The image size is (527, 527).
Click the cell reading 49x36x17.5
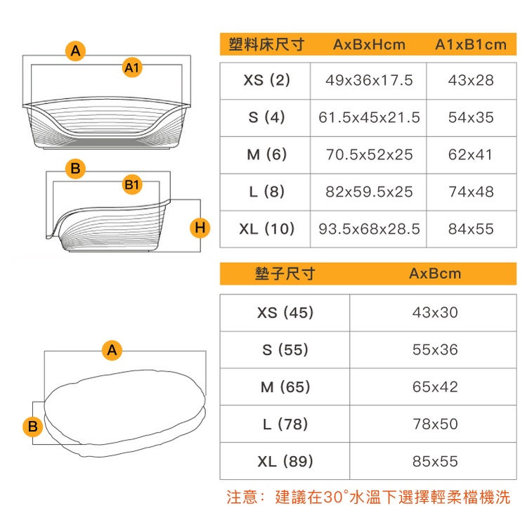pos(369,81)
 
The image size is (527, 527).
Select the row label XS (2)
pos(266,81)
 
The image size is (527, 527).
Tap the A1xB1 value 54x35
pos(471,117)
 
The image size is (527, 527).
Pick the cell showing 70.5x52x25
pos(369,155)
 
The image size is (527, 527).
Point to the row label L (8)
pos(266,192)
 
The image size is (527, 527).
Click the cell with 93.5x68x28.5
pos(369,229)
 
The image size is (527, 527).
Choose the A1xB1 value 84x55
pos(471,229)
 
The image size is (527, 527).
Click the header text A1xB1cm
pos(471,45)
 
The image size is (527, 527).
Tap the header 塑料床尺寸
pos(266,44)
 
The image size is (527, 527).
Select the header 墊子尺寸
pos(285,273)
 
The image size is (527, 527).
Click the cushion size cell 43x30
pos(435,313)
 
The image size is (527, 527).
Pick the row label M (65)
pos(285,387)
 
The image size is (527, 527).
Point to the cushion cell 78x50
pos(435,424)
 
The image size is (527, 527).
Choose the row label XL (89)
pos(285,462)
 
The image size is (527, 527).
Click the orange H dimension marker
pos(200,228)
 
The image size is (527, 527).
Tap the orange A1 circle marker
pos(132,67)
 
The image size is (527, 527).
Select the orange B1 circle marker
pos(132,185)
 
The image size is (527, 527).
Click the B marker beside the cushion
pos(32,427)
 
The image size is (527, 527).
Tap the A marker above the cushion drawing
pos(112,350)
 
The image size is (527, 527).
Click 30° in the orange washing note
pos(336,497)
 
